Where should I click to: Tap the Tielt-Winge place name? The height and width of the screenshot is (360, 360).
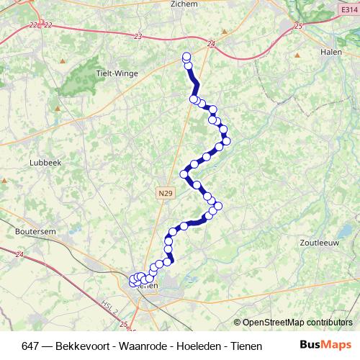[x=115, y=73]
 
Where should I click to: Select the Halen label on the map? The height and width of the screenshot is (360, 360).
[x=330, y=53]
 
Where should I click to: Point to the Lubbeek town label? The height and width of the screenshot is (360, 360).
[x=44, y=163]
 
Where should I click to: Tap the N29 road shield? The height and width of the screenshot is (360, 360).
[x=165, y=193]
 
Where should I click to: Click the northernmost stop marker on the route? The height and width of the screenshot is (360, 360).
[x=186, y=57]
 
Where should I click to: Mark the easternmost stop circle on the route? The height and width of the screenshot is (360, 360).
[x=226, y=141]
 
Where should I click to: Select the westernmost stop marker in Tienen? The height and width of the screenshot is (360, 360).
[x=132, y=282]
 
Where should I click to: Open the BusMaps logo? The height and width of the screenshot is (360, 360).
[x=325, y=345]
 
